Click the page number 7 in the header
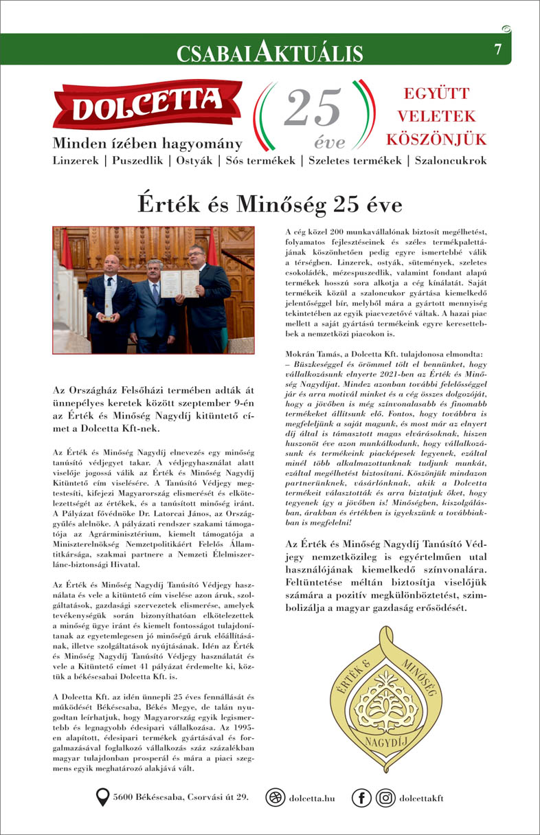point(497,49)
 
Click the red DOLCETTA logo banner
point(147,107)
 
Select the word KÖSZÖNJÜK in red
point(436,140)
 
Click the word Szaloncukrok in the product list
point(449,161)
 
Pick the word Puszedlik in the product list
point(135,161)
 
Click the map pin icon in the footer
point(103,797)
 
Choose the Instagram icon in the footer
point(386,798)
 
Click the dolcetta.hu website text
point(312,798)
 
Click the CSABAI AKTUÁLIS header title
point(269,52)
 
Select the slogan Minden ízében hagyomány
point(147,144)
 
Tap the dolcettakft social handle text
point(421,798)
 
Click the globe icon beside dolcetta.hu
point(275,798)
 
